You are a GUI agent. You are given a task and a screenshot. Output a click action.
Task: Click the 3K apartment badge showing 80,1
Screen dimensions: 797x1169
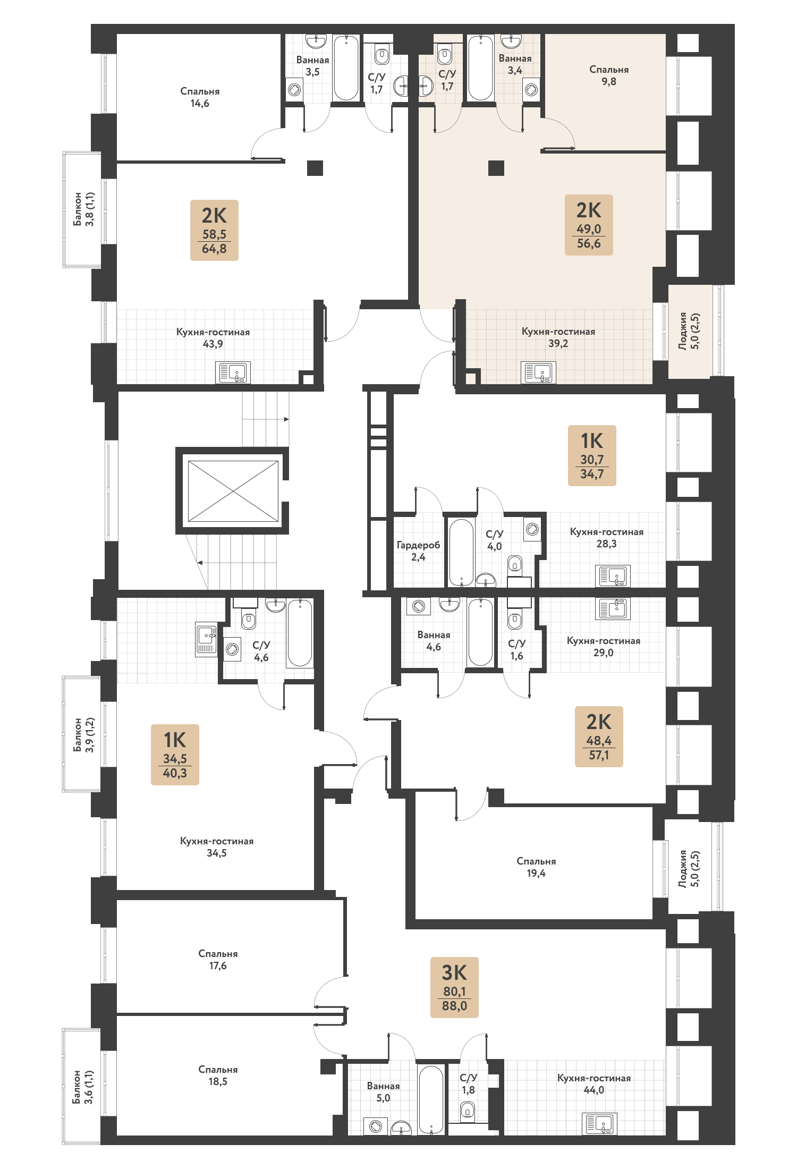[x=454, y=987]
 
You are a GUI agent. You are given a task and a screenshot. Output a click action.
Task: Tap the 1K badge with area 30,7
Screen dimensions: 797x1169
[x=592, y=455]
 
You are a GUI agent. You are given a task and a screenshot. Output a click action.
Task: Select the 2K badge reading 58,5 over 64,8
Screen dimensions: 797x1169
[x=214, y=230]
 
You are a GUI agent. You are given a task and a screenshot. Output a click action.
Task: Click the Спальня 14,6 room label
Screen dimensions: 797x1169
[x=200, y=97]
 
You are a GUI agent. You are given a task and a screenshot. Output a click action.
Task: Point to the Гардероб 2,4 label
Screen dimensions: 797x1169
[x=418, y=551]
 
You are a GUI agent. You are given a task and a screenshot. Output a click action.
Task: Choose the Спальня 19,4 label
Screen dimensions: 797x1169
[x=536, y=867]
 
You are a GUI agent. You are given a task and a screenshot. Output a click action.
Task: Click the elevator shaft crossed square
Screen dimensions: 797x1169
[x=233, y=491]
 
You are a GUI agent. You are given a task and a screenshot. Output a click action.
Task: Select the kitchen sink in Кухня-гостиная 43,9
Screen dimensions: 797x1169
[x=233, y=372]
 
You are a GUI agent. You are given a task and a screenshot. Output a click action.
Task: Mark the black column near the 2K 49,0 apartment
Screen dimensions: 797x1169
[x=496, y=168]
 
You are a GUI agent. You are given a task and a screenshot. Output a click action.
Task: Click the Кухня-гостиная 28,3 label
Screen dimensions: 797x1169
[x=606, y=538]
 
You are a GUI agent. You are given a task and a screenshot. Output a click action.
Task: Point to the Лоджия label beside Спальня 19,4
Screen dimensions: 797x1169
[x=689, y=868]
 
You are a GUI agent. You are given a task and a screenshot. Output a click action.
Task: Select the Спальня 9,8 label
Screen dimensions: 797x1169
[x=609, y=75]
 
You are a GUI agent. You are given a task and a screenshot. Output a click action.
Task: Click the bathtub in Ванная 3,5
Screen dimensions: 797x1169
[x=346, y=67]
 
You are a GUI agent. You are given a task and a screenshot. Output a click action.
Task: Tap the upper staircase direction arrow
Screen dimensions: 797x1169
[x=266, y=419]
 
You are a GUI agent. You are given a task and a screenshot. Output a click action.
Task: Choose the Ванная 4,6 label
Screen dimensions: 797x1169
[x=434, y=641]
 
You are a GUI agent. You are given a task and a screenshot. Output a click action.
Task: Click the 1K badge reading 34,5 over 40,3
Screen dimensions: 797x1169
[x=175, y=755]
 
